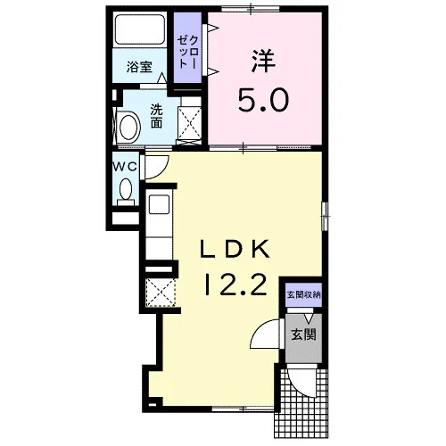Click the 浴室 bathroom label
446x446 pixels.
pos(139,67)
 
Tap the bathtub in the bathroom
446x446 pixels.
pos(140,29)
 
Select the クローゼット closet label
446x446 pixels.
pos(188,53)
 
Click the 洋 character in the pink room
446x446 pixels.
pos(263,61)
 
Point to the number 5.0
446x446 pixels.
pos(263,100)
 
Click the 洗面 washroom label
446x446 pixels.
pos(156,116)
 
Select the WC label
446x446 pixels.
pos(126,167)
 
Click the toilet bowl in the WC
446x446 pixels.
pos(126,189)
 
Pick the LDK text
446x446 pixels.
pos(235,249)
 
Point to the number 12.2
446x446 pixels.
pos(235,285)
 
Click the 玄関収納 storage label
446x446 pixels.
pos(303,295)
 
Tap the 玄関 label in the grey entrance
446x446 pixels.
pos(303,334)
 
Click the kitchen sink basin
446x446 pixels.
pos(159,204)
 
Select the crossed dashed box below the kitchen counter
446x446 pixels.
pos(161,293)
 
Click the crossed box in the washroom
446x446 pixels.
pos(189,123)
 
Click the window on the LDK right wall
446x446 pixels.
pos(325,216)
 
